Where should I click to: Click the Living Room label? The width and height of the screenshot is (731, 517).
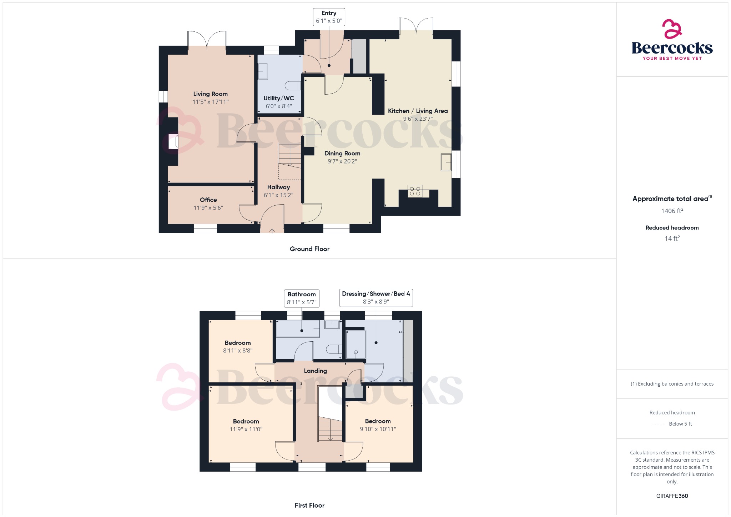coord(210,94)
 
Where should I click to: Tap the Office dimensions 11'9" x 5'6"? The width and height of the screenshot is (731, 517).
coord(208,208)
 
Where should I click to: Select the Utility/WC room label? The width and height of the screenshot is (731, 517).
coord(279,98)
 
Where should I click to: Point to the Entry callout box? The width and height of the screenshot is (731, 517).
coord(329,17)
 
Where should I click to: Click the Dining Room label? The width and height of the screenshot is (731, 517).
coord(342,153)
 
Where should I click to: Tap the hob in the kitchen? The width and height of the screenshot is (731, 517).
coord(415,191)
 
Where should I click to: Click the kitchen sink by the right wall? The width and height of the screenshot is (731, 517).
coord(446,162)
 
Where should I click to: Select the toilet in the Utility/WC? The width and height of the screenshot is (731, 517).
coord(293,86)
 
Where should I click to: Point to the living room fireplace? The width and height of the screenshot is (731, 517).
coord(173,141)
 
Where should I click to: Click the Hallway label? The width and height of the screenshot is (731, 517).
coord(278,187)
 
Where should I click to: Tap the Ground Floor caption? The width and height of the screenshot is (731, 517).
coord(309,249)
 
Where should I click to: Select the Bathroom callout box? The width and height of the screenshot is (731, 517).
coord(302,298)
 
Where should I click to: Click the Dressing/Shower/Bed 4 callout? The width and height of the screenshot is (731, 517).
coord(376,298)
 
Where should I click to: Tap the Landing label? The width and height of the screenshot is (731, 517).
coord(315,371)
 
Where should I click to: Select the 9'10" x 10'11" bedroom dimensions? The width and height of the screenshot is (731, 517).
coord(378,429)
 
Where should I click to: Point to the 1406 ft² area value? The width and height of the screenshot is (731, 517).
coord(672,211)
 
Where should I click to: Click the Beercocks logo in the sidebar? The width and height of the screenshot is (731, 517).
coord(672,40)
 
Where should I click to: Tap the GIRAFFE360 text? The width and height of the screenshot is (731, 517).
coord(672,496)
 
